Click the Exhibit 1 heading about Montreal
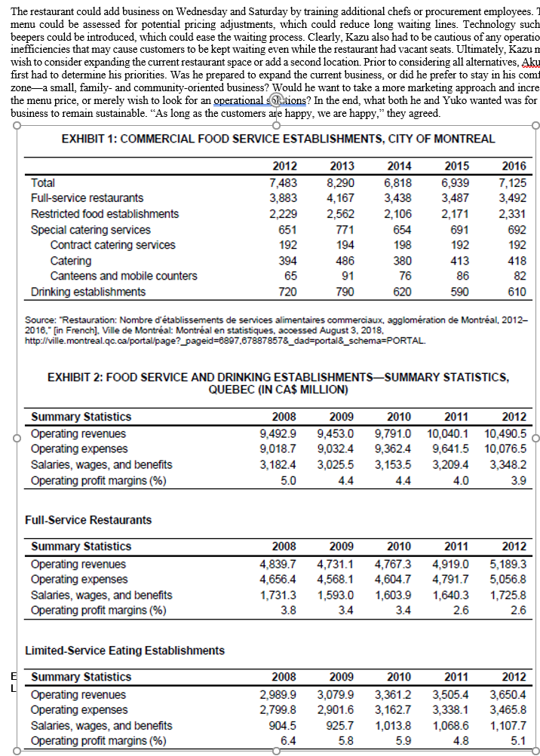click(278, 139)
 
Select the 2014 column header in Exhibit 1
click(398, 167)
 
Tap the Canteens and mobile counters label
click(124, 276)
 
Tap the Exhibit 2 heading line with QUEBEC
click(278, 390)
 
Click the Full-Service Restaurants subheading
click(88, 519)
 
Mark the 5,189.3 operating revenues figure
click(508, 563)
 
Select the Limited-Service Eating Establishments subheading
click(125, 650)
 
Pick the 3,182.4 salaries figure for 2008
click(278, 464)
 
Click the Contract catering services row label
click(112, 245)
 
